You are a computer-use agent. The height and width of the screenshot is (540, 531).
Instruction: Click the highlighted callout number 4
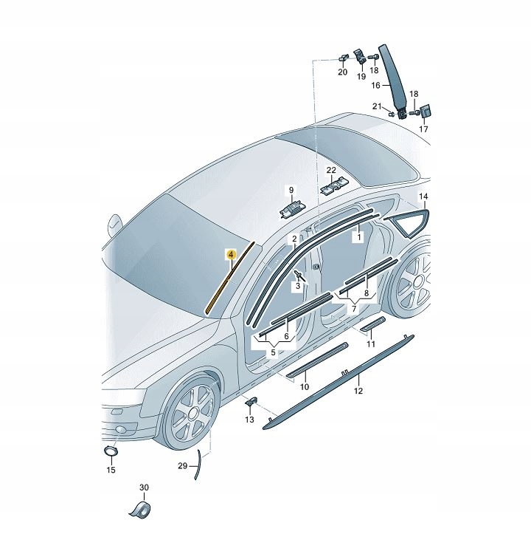(232, 255)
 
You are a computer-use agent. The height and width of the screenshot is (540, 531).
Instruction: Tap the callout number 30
(144, 488)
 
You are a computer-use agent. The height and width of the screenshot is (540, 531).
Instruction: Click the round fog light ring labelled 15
(111, 451)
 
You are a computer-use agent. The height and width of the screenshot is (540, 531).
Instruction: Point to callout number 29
(183, 466)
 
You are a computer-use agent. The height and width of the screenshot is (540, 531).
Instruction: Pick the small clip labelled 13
(251, 401)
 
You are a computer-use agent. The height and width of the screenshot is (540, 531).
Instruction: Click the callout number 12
(358, 391)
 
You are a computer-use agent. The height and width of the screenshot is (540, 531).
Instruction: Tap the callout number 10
(305, 387)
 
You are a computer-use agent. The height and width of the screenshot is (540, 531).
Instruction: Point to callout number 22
(331, 170)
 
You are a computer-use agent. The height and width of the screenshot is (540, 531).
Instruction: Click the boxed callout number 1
(358, 237)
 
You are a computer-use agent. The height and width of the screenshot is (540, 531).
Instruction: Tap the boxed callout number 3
(298, 286)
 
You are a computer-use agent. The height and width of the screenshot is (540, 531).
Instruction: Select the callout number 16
(375, 85)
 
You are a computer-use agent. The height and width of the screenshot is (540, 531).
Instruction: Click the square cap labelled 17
(426, 112)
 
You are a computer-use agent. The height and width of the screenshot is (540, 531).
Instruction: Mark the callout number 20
(342, 72)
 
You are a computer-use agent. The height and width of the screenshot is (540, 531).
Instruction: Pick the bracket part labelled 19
(360, 57)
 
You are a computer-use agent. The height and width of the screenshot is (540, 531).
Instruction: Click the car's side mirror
(115, 225)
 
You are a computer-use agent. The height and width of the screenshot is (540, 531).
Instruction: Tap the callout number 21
(377, 106)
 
